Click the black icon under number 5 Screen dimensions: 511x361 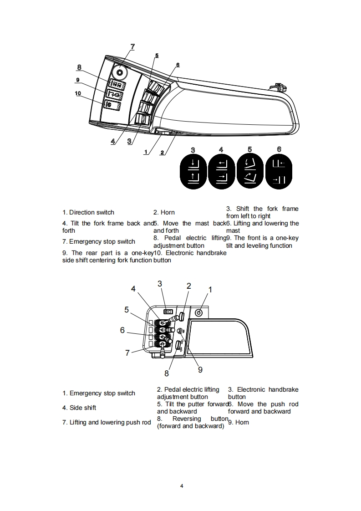pos(250,171)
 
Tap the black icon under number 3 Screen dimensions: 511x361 pos(193,171)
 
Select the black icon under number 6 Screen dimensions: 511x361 pos(279,171)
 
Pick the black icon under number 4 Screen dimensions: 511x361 pos(221,171)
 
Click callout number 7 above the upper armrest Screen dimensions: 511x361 pos(132,46)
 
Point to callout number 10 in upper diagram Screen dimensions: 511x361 pos(78,93)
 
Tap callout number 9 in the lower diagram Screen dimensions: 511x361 pos(200,370)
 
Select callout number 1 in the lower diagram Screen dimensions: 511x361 pos(210,289)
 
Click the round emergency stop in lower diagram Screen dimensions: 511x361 pos(198,313)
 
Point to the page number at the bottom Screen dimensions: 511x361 pos(181,486)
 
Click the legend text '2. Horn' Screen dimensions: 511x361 pos(164,212)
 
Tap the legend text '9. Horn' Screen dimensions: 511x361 pos(238,422)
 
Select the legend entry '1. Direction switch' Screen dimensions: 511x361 pos(88,212)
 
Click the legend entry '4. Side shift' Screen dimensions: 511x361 pos(79,408)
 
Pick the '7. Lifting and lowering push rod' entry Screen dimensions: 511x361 pos(107,422)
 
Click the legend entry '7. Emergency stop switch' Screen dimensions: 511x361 pos(99,241)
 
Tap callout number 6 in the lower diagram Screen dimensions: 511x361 pos(122,330)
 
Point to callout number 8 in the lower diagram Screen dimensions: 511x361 pos(167,373)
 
